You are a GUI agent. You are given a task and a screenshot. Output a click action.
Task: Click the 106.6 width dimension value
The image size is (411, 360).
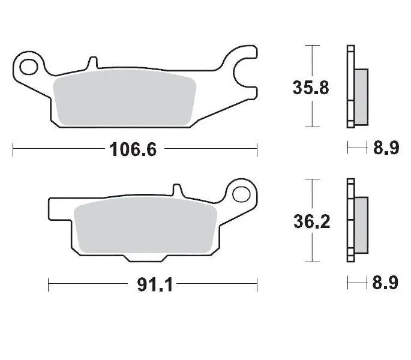pyautogui.click(x=133, y=149)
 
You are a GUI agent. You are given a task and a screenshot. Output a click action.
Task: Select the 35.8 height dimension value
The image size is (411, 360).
pyautogui.click(x=310, y=88)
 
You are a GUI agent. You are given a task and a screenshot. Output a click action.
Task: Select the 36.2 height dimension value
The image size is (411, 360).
pyautogui.click(x=310, y=222)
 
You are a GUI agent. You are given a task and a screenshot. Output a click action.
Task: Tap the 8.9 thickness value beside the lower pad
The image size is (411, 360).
pyautogui.click(x=386, y=283)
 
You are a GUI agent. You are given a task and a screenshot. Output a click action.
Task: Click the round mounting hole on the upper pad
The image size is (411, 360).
pyautogui.click(x=28, y=62)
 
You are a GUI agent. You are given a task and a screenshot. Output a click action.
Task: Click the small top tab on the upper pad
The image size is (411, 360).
pyautogui.click(x=92, y=62)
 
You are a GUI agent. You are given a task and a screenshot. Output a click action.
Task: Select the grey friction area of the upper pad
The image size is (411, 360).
pyautogui.click(x=124, y=100)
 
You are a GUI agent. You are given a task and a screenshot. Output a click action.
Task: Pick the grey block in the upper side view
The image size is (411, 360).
pyautogui.click(x=361, y=96)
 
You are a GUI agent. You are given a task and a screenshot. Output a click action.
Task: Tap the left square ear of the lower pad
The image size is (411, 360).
pyautogui.click(x=55, y=209)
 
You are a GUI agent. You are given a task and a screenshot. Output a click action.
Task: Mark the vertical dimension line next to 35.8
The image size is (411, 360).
pyautogui.click(x=310, y=60)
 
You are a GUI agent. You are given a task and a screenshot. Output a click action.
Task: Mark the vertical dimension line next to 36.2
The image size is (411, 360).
pyautogui.click(x=310, y=192)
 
